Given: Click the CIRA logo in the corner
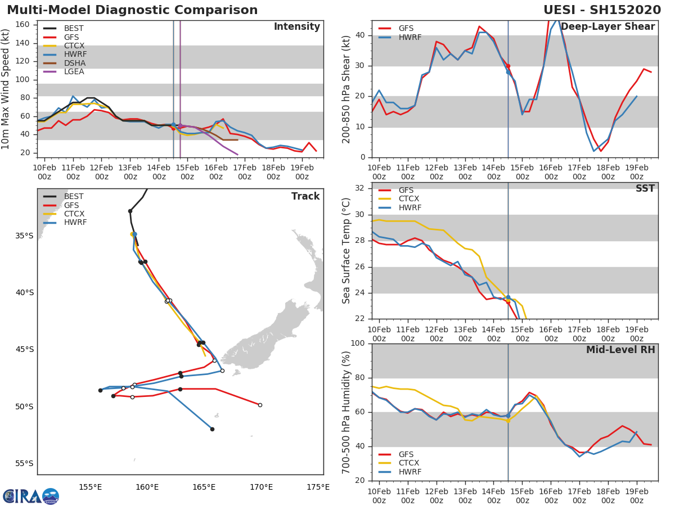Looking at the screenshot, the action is tap(31, 496).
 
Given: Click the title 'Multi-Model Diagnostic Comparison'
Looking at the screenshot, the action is tap(132, 10).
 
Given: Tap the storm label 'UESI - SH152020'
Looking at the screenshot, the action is tap(602, 10).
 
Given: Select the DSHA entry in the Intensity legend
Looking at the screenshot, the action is tap(65, 63).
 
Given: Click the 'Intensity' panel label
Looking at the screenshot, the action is tap(297, 27).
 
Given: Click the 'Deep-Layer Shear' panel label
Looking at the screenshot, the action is tap(607, 27).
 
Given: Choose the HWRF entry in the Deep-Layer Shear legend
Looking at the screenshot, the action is tap(400, 37).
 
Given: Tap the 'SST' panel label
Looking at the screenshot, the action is tap(645, 188).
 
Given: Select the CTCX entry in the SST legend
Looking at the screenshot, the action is tap(399, 199).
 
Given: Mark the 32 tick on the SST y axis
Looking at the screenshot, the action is tap(360, 188).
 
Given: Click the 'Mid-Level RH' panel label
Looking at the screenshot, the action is tap(620, 350).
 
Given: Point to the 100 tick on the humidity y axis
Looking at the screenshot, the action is tap(358, 343).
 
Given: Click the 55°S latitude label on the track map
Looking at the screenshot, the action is tap(24, 463).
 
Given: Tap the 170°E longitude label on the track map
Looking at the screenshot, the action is tap(262, 487).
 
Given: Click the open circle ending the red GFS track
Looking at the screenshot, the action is tap(260, 405).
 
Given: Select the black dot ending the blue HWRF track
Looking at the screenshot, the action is tap(212, 429).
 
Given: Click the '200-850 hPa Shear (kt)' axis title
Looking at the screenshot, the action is tap(346, 89).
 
